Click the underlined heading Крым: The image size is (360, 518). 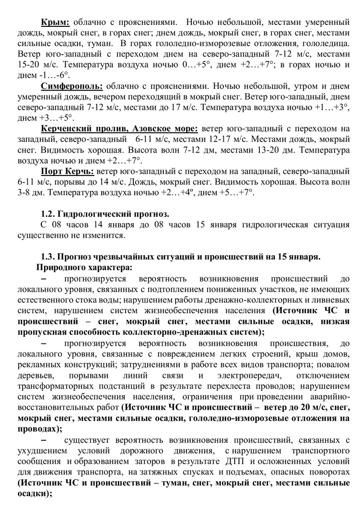55,22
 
